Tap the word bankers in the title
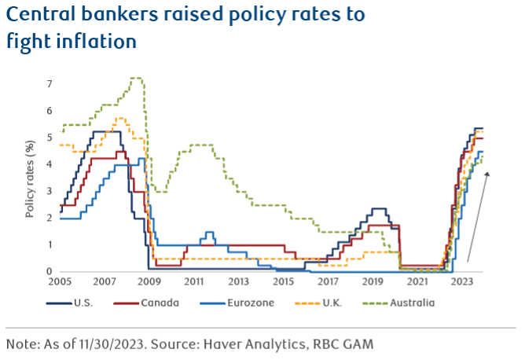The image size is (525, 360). click(122, 15)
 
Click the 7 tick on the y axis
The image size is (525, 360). click(50, 84)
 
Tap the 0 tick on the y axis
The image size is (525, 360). click(50, 271)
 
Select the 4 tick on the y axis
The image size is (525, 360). click(50, 164)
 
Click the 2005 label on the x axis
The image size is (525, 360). click(61, 281)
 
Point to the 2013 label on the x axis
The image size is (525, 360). click(238, 281)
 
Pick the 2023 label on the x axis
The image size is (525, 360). click(461, 281)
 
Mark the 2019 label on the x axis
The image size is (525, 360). click(373, 281)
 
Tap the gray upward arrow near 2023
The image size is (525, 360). click(479, 217)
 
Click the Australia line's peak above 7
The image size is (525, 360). click(135, 79)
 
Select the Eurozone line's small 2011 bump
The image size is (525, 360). click(208, 233)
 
